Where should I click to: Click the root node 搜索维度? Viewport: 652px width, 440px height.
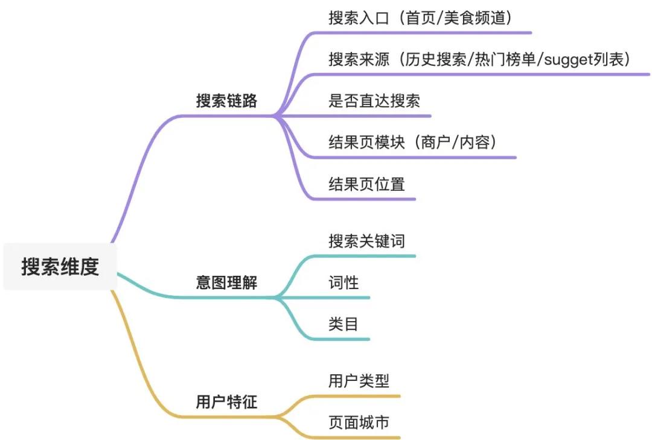pyautogui.click(x=60, y=266)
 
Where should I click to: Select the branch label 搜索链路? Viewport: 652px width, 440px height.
pyautogui.click(x=226, y=101)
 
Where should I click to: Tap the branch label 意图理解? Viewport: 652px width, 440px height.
pyautogui.click(x=226, y=282)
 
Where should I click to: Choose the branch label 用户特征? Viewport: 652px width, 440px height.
pyautogui.click(x=226, y=401)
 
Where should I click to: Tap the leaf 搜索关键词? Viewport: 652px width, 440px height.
pyautogui.click(x=366, y=241)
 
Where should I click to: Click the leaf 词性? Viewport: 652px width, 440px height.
pyautogui.click(x=344, y=282)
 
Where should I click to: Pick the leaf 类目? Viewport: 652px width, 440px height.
pyautogui.click(x=344, y=324)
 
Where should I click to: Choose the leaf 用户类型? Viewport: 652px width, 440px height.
pyautogui.click(x=359, y=381)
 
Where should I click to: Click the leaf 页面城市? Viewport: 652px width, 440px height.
pyautogui.click(x=359, y=422)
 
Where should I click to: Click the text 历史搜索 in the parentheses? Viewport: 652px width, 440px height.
pyautogui.click(x=435, y=60)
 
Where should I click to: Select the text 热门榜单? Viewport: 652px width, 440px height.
pyautogui.click(x=503, y=60)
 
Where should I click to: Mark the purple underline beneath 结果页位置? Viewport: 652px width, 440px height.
pyautogui.click(x=362, y=199)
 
